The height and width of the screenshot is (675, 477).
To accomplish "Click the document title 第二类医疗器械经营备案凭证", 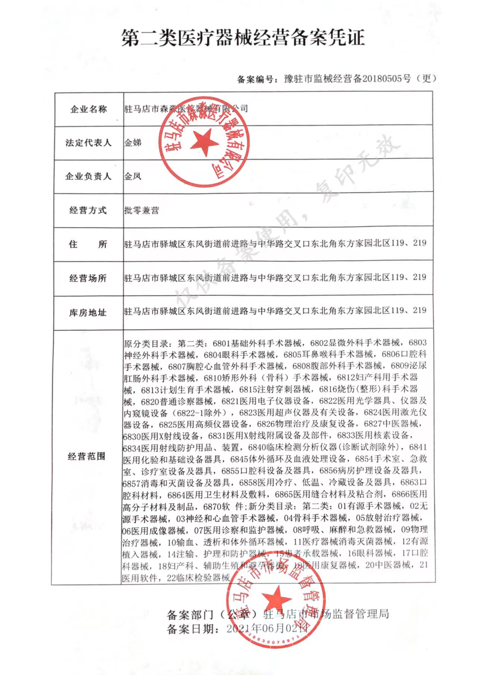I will [243, 38].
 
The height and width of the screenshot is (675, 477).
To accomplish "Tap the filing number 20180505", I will [383, 79].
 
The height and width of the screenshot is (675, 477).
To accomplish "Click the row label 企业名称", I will [88, 109].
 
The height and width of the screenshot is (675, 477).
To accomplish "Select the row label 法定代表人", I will [88, 143].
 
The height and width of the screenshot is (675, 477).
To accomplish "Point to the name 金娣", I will [133, 143].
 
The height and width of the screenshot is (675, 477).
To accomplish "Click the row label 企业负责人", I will [88, 176].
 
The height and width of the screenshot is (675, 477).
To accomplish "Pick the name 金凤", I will [133, 176].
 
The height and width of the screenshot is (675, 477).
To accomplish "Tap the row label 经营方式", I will [88, 210].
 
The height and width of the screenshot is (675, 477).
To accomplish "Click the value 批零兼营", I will [141, 210].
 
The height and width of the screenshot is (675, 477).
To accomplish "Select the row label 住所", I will [88, 244].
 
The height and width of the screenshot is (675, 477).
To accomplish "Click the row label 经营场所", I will [88, 278].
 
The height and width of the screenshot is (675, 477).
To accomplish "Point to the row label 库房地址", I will [88, 313].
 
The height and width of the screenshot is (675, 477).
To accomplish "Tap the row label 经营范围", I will [87, 456].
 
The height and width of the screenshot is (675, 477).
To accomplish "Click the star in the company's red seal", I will [204, 142].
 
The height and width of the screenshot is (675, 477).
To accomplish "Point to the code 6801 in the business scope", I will [222, 343].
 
